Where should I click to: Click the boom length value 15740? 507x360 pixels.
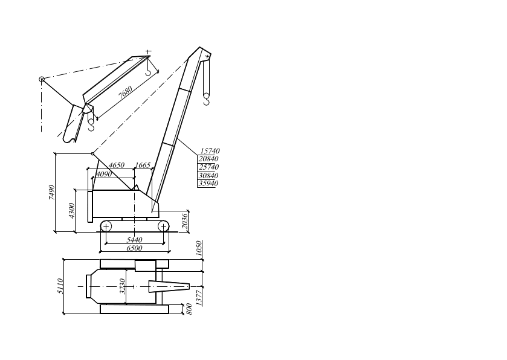point(209,151)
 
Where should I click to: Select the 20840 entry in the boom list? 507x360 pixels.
point(209,159)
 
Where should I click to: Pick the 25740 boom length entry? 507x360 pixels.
point(209,167)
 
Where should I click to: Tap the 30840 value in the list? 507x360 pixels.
point(209,175)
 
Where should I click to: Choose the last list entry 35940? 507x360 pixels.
point(209,183)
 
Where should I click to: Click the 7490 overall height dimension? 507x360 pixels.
point(53,193)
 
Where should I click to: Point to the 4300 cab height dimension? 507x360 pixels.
point(71,211)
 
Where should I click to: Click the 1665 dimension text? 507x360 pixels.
point(143,165)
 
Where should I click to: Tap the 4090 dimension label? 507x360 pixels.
point(105,174)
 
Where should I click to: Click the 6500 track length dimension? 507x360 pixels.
point(134,248)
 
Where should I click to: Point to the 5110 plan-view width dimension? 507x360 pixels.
point(60,286)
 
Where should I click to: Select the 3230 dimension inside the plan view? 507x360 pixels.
point(123,286)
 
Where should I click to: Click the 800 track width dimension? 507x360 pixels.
point(190,309)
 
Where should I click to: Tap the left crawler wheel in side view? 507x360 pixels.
point(106,226)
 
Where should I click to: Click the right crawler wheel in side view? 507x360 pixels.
point(163,226)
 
